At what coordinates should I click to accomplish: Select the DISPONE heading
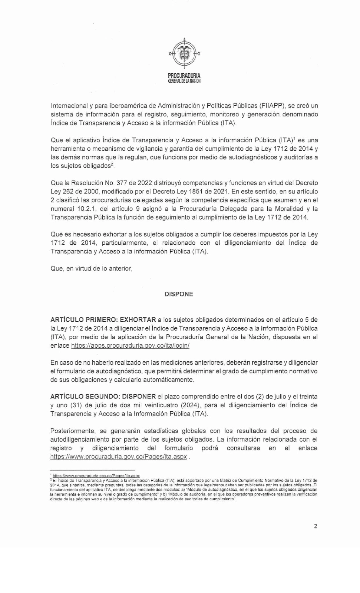(x=179, y=294)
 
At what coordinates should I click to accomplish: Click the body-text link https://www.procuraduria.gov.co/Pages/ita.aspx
(x=119, y=457)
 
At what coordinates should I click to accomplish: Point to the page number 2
(x=316, y=526)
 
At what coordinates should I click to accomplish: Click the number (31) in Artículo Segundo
(x=75, y=405)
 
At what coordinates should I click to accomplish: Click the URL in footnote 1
(x=96, y=476)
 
